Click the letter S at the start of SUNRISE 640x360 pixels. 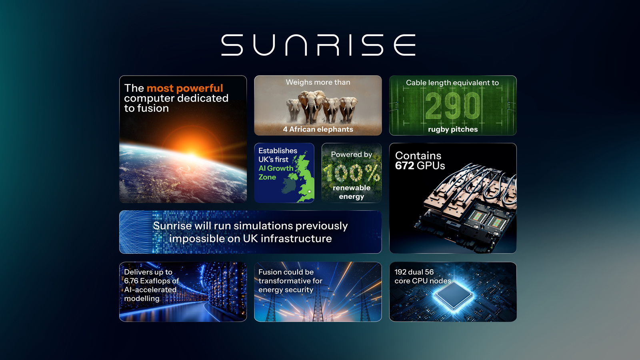pos(232,45)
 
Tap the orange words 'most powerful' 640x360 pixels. pos(185,88)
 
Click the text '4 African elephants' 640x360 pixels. pos(318,129)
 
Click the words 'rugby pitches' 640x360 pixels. pos(453,129)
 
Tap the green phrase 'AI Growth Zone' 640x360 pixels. pos(275,173)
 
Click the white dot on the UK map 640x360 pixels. pos(309,192)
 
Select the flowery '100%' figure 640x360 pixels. pos(352,173)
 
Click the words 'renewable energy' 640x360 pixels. pos(352,192)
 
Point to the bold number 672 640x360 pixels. pos(404,166)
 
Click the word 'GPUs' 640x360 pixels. pos(431,166)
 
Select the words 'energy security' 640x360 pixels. pos(286,290)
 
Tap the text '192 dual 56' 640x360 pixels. pos(414,272)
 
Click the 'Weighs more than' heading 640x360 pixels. pos(318,82)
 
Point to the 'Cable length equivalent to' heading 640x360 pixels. pos(452,83)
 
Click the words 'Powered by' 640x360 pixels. pos(352,154)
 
